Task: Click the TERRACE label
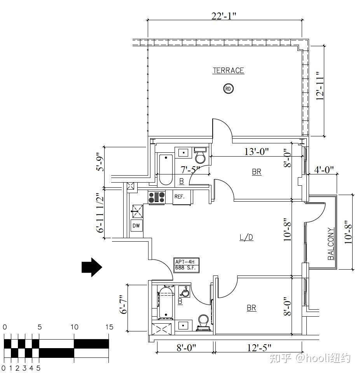tap(228, 71)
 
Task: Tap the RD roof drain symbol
tap(228, 89)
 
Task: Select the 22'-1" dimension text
tap(224, 16)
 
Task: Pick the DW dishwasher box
tap(136, 225)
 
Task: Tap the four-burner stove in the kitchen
tap(157, 197)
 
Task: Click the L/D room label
tap(246, 237)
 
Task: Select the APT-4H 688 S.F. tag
tap(187, 265)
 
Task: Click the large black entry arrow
tap(92, 267)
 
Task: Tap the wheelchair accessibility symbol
tap(184, 292)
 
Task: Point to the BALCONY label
tap(331, 244)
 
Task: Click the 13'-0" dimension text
tap(257, 152)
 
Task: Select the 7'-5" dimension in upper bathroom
tap(190, 170)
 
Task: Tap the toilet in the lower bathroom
tap(204, 323)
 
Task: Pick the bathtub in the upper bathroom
tap(166, 170)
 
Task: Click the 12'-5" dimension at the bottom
tap(259, 348)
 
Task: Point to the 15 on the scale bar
tap(109, 327)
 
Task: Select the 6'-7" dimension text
tap(124, 305)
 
